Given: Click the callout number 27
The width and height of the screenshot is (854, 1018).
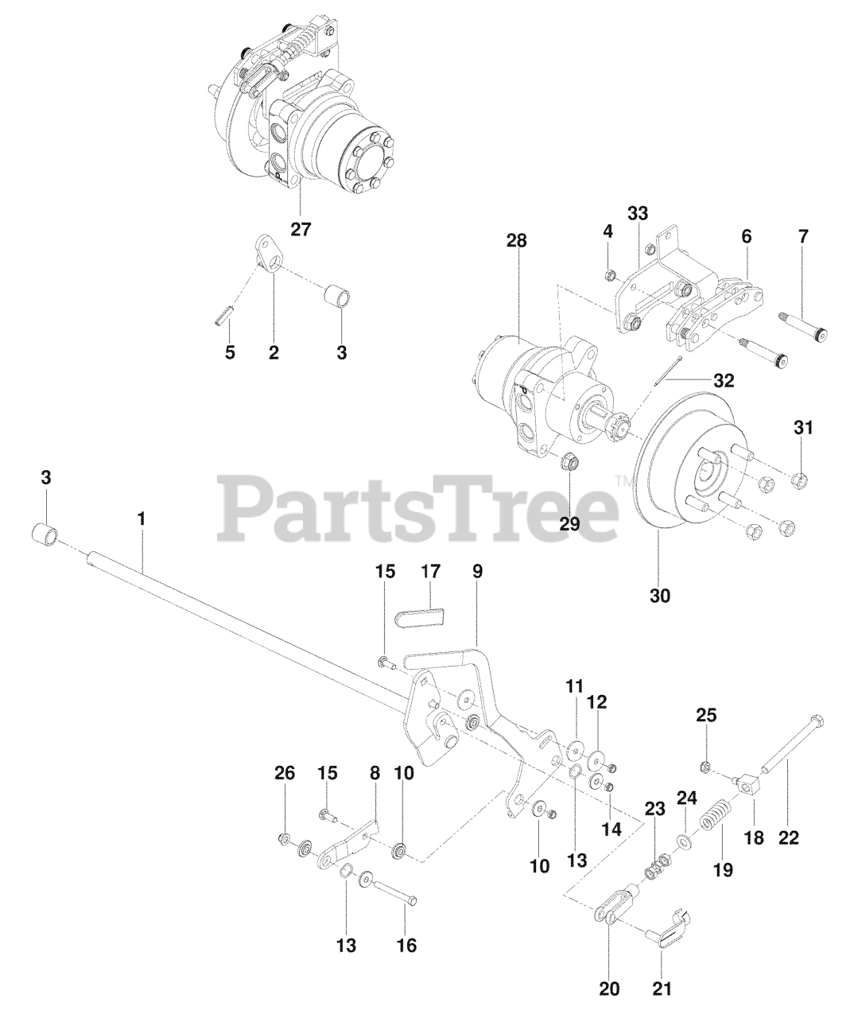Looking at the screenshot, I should point(300,230).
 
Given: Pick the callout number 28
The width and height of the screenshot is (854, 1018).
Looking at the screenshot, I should point(516,242).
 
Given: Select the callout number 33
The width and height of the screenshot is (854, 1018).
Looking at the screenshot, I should point(638,213).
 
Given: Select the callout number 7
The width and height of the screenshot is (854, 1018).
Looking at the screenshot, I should point(802,236).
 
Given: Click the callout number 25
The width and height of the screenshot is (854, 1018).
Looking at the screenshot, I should point(706,714).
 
